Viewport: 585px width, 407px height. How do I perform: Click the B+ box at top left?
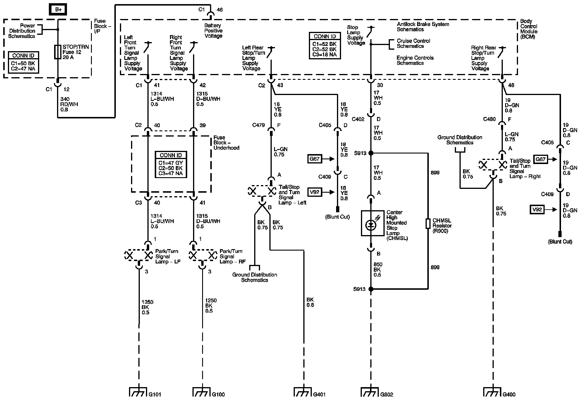(58, 9)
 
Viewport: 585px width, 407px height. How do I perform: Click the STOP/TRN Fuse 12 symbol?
(58, 52)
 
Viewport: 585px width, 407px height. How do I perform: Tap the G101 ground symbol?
(137, 392)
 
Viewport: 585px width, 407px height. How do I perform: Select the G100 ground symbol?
(202, 392)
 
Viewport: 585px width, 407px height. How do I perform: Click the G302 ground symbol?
(370, 392)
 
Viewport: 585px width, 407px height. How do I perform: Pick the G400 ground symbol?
(493, 392)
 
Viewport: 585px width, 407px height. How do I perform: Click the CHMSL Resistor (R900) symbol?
(428, 224)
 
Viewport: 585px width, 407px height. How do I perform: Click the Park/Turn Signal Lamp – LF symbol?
(139, 255)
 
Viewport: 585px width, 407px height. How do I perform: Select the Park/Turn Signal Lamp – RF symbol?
(202, 255)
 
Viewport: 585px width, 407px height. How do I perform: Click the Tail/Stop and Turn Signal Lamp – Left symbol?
(262, 191)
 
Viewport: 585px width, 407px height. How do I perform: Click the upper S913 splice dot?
(371, 153)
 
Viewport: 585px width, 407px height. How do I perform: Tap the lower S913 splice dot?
(371, 289)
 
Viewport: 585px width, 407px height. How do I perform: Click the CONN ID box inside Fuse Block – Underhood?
(171, 165)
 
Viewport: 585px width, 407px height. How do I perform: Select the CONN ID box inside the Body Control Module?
(325, 46)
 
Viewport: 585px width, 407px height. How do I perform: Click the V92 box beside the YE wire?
(315, 192)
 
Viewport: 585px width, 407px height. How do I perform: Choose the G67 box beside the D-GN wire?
(541, 159)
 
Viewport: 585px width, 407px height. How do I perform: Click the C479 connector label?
(259, 125)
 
